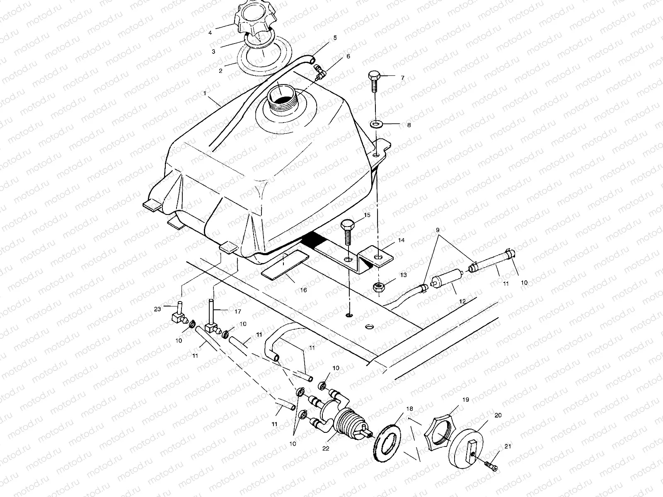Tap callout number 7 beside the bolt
click(402, 78)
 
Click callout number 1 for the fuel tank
click(204, 94)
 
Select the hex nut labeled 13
click(378, 287)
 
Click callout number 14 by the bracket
click(401, 240)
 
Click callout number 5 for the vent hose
click(335, 38)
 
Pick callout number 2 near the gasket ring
click(221, 71)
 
